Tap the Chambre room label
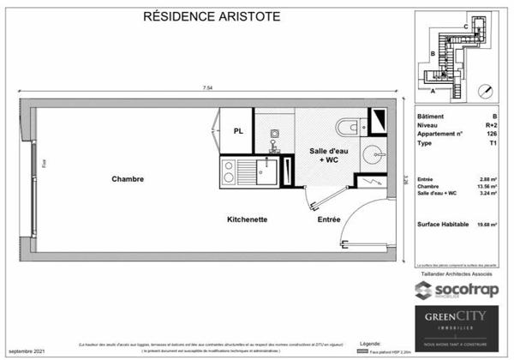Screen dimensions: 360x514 127,179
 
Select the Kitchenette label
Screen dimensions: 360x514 248,219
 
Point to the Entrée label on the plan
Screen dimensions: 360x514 329,219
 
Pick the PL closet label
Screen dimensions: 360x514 239,131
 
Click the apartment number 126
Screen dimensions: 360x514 491,135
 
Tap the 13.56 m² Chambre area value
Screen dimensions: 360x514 487,186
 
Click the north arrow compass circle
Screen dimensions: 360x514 486,89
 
